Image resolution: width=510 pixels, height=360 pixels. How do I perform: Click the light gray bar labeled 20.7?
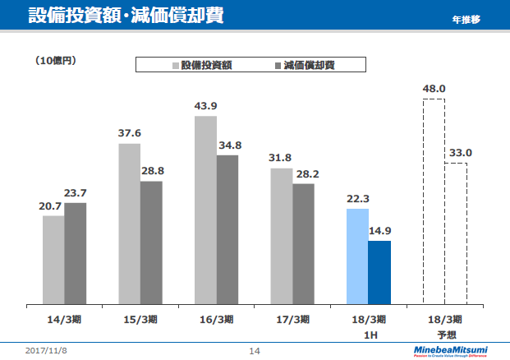click(x=53, y=260)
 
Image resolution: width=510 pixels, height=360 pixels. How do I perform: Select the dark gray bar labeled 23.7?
click(x=76, y=253)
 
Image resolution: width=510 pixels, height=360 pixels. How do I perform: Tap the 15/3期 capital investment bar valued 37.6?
click(x=129, y=224)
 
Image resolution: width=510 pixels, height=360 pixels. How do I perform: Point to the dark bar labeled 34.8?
click(x=227, y=229)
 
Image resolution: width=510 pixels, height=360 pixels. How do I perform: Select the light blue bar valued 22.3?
click(x=357, y=256)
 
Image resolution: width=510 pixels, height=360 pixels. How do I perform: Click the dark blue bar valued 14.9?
click(x=379, y=272)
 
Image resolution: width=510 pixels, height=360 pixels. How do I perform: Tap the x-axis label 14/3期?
click(x=64, y=319)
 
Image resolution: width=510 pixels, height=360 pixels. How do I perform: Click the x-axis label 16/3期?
click(x=216, y=319)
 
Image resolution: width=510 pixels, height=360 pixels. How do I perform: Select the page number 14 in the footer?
click(x=255, y=351)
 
